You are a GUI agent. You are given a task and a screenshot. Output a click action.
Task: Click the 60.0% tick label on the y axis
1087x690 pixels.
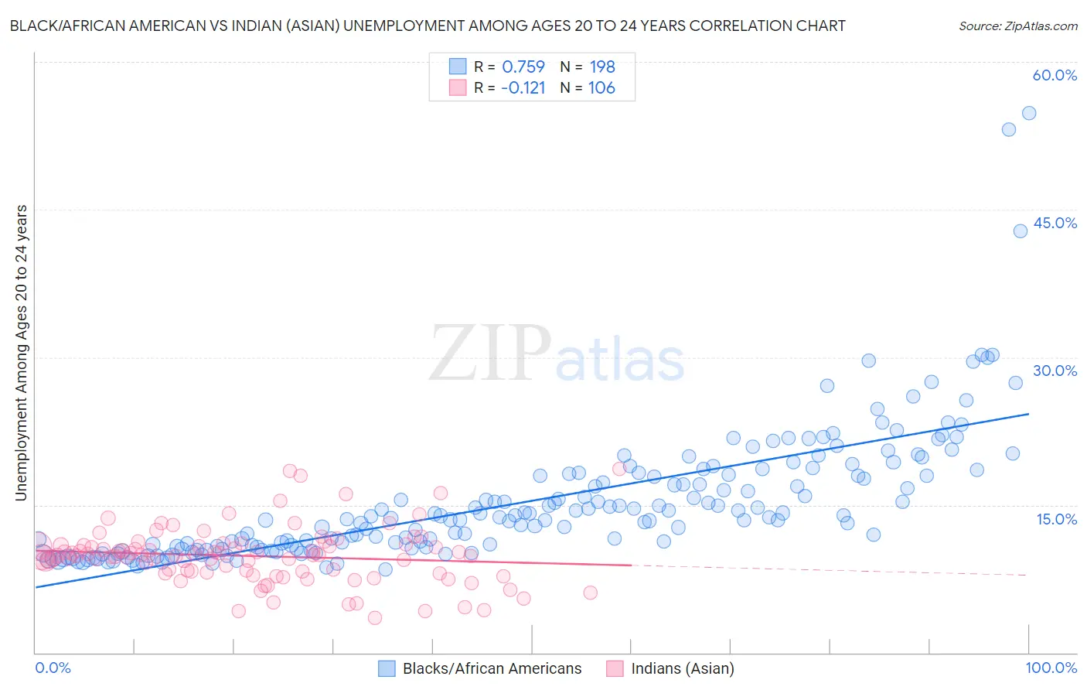coord(1055,75)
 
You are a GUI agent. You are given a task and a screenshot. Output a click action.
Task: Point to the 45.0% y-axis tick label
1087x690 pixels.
coord(1055,223)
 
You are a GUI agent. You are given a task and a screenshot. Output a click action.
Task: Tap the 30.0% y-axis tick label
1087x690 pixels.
coord(1055,371)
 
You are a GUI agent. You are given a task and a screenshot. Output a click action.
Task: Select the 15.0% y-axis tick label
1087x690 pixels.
coord(1056,519)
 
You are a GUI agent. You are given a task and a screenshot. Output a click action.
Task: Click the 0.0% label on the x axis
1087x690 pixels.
coord(53,668)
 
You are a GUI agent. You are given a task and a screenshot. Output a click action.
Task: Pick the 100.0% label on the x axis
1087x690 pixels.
coord(1051,668)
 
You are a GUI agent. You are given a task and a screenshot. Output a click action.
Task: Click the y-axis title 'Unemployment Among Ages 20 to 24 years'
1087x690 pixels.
coord(21,353)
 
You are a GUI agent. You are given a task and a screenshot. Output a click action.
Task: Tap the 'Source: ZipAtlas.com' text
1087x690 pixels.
coord(1017,26)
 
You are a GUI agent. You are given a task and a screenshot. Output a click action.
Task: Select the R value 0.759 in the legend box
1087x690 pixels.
coord(523,67)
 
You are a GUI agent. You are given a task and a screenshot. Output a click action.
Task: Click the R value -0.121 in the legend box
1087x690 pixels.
coord(523,88)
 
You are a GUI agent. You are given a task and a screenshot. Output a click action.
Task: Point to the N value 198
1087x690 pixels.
coord(601,67)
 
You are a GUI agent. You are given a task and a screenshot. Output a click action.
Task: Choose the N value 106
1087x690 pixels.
coord(601,88)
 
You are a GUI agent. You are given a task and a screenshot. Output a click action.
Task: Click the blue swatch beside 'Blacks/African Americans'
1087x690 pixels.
coord(387,668)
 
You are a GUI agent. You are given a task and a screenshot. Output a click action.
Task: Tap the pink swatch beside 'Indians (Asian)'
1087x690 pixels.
coord(615,668)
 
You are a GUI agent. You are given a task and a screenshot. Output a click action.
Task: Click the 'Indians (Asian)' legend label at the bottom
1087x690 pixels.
coord(683,668)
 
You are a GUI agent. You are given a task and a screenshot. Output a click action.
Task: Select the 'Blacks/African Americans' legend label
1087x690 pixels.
coord(492,668)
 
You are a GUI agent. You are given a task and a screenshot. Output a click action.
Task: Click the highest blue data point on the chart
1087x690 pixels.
coord(1029,113)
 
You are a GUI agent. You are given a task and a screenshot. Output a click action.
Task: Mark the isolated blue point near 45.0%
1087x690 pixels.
coord(1021,231)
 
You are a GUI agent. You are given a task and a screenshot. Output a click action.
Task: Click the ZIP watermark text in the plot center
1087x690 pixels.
coord(490,353)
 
